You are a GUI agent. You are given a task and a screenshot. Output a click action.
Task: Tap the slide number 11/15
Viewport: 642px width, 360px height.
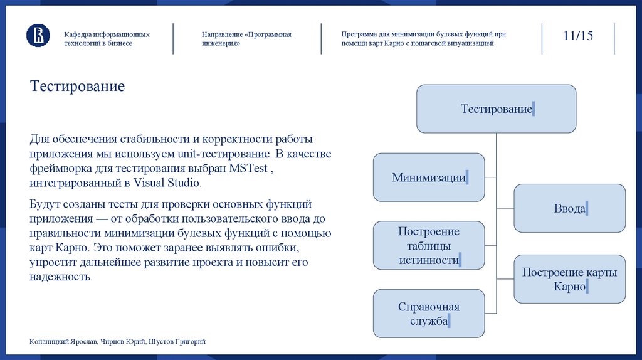[577, 35]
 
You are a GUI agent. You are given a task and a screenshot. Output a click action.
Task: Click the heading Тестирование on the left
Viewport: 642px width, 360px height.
[77, 86]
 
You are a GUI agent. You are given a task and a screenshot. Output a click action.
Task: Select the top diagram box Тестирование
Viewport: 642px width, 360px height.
[496, 109]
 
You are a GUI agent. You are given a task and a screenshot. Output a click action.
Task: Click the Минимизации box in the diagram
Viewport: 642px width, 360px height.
[429, 177]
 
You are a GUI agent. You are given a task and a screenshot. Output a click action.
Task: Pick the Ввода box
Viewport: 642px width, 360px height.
[569, 208]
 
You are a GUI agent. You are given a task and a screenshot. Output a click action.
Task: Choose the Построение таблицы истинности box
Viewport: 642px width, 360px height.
[429, 245]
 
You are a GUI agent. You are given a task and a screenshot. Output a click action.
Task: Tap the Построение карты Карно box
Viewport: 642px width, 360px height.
[569, 279]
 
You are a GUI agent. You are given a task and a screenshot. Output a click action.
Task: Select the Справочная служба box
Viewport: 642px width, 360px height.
[429, 314]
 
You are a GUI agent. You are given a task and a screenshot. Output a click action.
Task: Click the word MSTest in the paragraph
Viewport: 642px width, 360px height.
[252, 168]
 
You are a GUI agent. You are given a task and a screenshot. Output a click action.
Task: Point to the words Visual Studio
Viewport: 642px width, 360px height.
[169, 183]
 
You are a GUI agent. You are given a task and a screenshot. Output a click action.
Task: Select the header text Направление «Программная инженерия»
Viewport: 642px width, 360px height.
[246, 39]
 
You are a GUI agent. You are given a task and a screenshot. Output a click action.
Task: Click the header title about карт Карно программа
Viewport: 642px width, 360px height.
[423, 39]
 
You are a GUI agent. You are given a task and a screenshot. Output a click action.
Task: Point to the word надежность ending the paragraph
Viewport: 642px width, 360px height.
[60, 277]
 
